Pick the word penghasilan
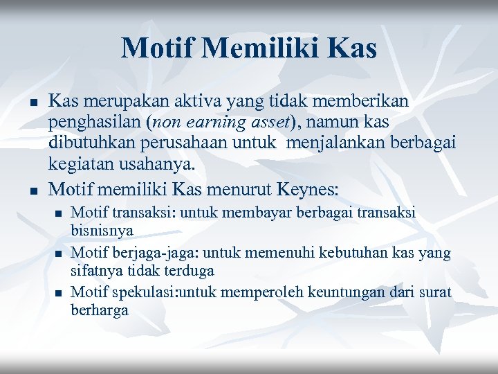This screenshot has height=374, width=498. coord(91,123)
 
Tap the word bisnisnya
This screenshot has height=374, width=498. coord(102,229)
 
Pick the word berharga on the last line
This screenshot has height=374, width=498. coord(100,310)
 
